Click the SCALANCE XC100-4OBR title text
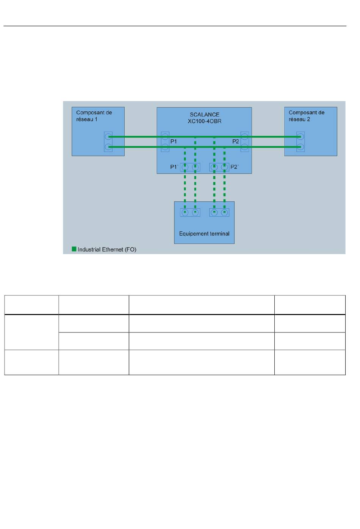205,118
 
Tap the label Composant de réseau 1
94,116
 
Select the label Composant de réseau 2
306,116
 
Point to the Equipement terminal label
204,234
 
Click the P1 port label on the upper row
174,142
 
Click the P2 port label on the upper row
235,142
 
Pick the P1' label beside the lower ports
174,167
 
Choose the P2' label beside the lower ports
235,167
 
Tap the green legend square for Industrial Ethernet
74,249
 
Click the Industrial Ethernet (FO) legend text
107,250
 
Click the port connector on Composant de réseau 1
108,142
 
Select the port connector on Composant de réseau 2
301,142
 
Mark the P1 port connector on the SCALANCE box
165,142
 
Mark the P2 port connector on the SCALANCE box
245,142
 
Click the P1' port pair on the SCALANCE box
190,167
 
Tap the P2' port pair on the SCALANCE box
219,167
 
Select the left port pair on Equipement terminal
190,212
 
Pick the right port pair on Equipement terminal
219,212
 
